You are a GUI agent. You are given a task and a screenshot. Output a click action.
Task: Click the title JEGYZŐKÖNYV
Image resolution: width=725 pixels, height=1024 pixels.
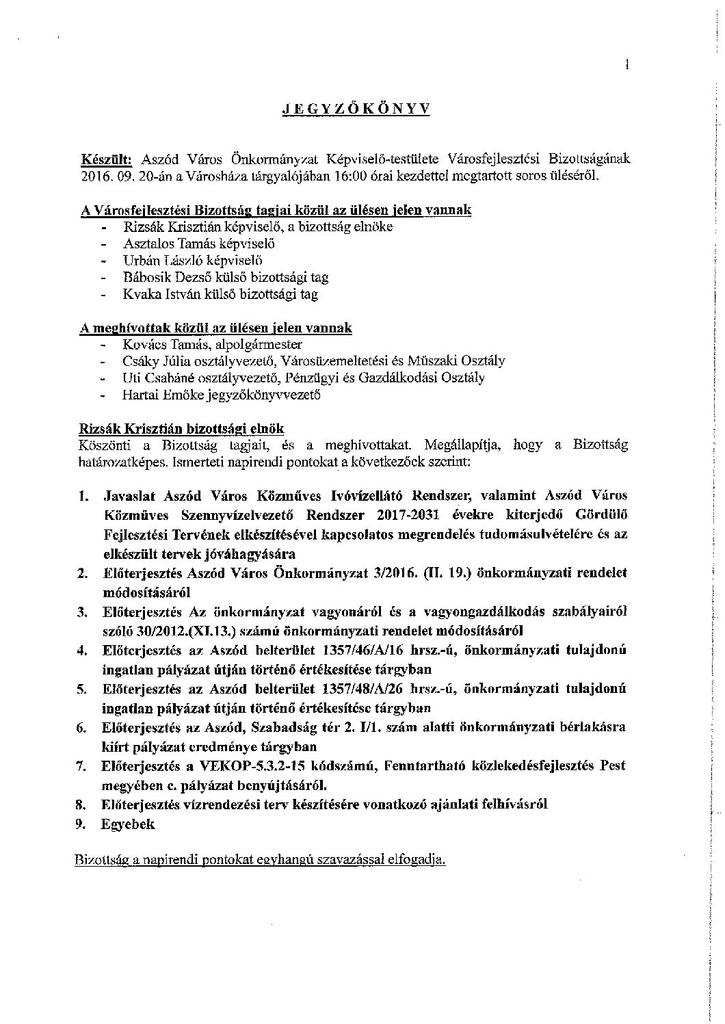click(x=357, y=109)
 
